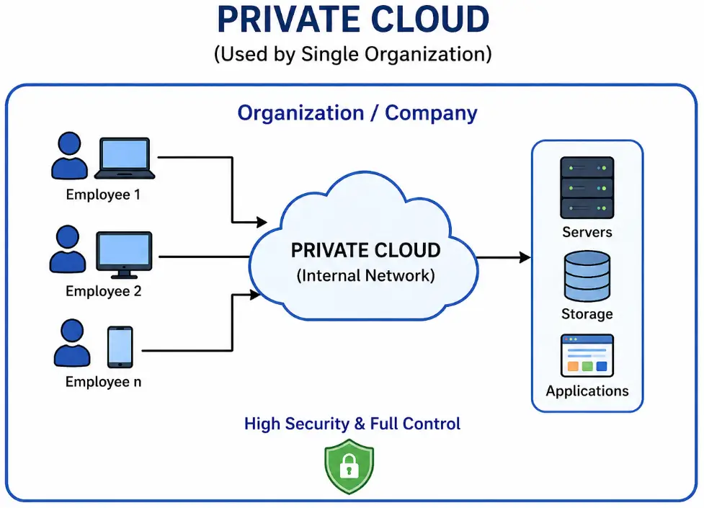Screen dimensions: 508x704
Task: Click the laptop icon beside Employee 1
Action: (125, 158)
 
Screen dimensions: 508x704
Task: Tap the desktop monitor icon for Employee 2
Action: (125, 254)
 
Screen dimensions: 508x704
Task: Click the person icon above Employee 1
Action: (69, 154)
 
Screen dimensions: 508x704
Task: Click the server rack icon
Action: (587, 188)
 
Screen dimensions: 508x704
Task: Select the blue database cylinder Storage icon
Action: (587, 276)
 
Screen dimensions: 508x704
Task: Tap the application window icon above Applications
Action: (587, 355)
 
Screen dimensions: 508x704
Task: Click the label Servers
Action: (587, 232)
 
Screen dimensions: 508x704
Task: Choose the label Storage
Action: (587, 314)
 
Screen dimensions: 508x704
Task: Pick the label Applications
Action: (587, 391)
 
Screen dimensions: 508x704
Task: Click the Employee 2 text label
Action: (103, 292)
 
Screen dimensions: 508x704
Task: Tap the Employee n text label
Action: (103, 382)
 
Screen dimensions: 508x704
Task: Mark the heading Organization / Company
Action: (357, 113)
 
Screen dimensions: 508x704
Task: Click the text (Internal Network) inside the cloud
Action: (365, 275)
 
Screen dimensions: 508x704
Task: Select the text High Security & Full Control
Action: (352, 424)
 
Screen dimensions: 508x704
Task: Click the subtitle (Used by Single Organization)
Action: (352, 55)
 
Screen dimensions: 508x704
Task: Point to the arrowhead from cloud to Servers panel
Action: (525, 257)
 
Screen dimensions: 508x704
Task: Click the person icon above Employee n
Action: (71, 344)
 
